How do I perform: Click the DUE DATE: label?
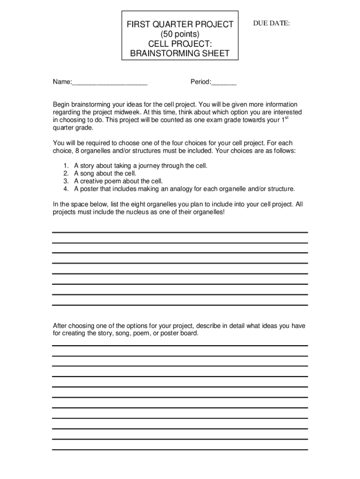tap(271, 23)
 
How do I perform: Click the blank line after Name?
tap(110, 83)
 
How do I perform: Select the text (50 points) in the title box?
tap(180, 34)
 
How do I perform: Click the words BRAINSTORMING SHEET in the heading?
tap(180, 53)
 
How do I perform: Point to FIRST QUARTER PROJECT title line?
tap(180, 24)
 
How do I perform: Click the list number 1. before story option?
tap(65, 166)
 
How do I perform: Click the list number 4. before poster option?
tap(65, 189)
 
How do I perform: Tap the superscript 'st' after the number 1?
tap(286, 118)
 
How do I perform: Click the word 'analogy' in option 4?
tap(193, 189)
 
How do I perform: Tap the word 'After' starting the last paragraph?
tap(60, 326)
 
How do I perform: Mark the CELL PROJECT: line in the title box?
tap(180, 44)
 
